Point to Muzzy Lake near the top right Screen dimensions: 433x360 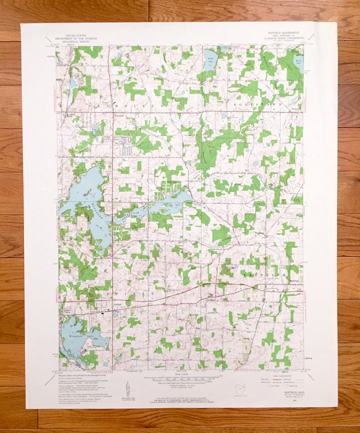click(x=298, y=61)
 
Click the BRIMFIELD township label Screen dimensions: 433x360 click(x=127, y=105)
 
